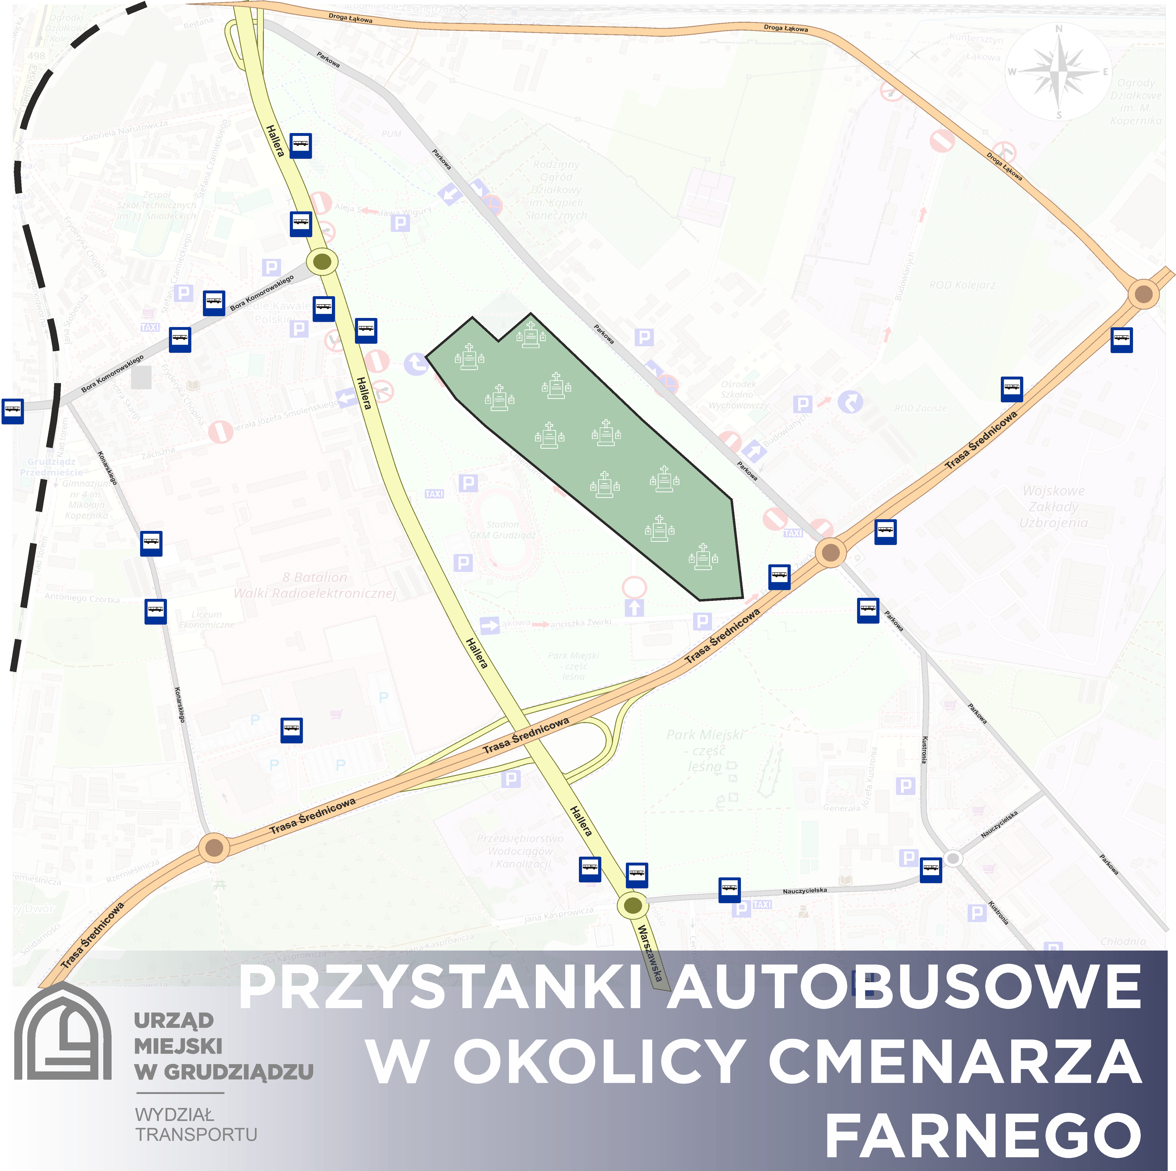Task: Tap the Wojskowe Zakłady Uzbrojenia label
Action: tap(1053, 507)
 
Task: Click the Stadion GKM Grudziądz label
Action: tap(503, 529)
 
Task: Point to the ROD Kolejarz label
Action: tap(962, 285)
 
